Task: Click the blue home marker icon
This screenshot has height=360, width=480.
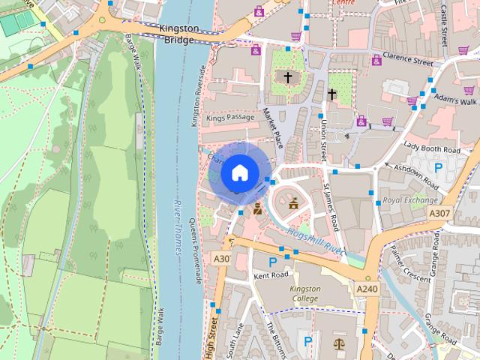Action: pyautogui.click(x=238, y=172)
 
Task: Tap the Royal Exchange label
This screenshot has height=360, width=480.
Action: pyautogui.click(x=409, y=200)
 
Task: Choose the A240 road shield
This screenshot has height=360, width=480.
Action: pyautogui.click(x=367, y=289)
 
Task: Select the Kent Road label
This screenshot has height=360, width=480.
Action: pyautogui.click(x=271, y=276)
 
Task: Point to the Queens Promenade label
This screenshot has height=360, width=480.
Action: pyautogui.click(x=196, y=250)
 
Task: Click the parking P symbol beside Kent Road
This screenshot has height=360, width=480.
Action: pyautogui.click(x=273, y=262)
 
